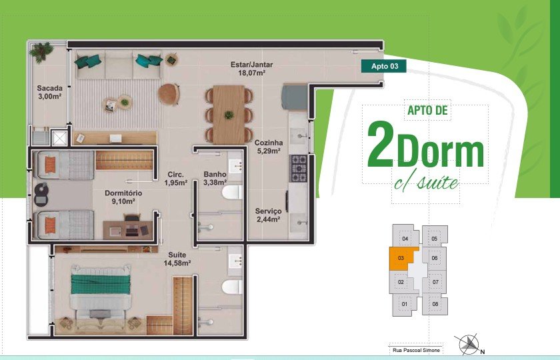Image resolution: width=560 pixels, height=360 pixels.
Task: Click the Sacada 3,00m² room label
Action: (49, 92)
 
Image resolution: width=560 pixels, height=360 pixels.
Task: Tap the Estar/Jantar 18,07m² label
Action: (251, 69)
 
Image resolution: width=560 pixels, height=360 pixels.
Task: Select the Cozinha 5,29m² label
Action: (269, 147)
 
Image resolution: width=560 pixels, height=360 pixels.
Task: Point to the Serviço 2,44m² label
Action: (268, 215)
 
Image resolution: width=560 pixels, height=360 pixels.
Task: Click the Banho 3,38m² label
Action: (215, 178)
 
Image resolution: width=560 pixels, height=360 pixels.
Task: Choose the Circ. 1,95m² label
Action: (176, 179)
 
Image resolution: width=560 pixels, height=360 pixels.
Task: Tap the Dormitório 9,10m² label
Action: (123, 197)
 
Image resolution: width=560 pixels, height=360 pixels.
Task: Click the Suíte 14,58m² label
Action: (177, 259)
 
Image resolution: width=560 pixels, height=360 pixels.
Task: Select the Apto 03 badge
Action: (383, 66)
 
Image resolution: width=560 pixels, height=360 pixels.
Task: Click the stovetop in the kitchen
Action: (298, 168)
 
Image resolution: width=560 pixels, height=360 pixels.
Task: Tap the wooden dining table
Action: (229, 114)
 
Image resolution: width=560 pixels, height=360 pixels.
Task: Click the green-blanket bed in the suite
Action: (101, 291)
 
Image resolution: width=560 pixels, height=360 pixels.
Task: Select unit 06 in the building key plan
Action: (434, 258)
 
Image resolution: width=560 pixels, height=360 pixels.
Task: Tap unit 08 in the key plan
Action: (435, 304)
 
